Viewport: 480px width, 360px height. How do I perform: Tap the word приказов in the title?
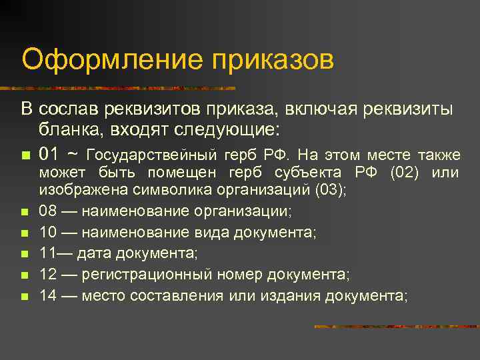(x=273, y=59)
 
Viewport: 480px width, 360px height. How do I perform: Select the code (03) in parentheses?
(x=329, y=189)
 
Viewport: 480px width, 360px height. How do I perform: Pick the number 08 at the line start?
(x=49, y=211)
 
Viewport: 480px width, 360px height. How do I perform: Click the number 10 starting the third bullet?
(x=49, y=233)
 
